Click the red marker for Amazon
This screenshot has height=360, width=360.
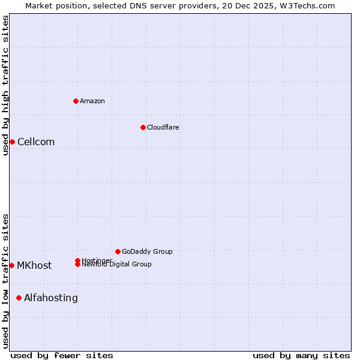(76, 101)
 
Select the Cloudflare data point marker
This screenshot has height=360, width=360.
(143, 127)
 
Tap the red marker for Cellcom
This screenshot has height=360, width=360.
(12, 142)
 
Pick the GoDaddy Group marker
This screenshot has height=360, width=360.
(118, 251)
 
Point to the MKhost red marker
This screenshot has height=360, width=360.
(11, 265)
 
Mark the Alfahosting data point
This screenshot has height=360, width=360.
(19, 298)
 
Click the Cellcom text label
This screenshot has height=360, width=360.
(36, 142)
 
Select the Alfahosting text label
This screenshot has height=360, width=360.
(51, 298)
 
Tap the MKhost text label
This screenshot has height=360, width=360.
(34, 266)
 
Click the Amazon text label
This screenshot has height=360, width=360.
(92, 101)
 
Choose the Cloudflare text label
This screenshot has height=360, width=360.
(163, 127)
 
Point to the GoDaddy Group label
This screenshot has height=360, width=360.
(147, 251)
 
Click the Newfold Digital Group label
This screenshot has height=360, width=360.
(117, 265)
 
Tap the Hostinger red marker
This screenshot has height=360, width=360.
(77, 260)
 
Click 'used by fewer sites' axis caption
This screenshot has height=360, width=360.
(62, 355)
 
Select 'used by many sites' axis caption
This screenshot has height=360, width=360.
(301, 355)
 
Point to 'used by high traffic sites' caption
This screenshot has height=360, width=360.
(6, 85)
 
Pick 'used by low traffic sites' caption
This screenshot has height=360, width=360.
(6, 281)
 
